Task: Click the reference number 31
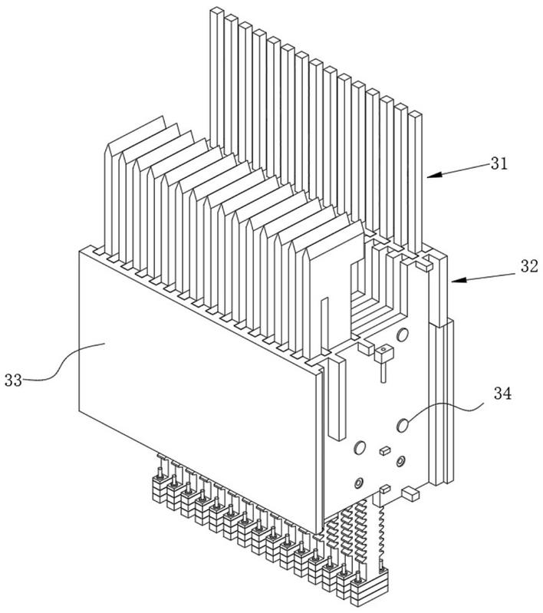tap(499, 163)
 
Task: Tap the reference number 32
tap(529, 267)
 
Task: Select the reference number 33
tap(13, 380)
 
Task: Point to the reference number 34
tap(502, 394)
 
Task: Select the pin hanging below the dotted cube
tap(384, 371)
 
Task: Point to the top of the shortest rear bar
tap(416, 114)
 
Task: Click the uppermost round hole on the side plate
tap(403, 335)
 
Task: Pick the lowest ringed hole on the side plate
tap(358, 483)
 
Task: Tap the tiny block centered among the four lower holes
tap(385, 450)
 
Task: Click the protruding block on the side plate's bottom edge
tap(410, 493)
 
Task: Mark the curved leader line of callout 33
tap(62, 361)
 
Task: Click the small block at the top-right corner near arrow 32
tap(424, 266)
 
